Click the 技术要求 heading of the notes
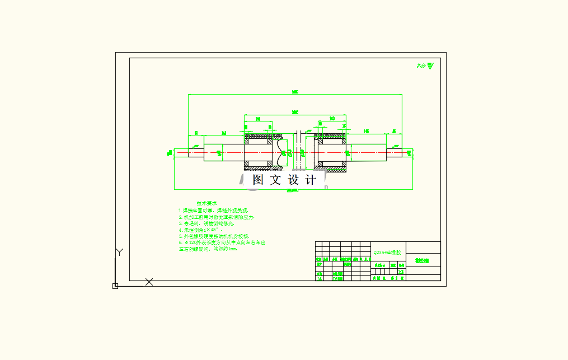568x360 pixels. point(206,203)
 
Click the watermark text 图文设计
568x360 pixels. point(284,180)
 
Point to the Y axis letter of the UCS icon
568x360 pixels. point(118,252)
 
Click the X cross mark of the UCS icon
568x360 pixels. point(149,282)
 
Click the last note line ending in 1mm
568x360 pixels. point(208,249)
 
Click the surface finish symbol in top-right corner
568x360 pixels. point(425,66)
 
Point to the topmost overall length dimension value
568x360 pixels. point(294,92)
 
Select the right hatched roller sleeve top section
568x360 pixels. point(330,137)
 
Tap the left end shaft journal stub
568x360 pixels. point(182,152)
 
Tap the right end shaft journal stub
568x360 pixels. point(407,152)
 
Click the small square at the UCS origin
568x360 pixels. point(115,286)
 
